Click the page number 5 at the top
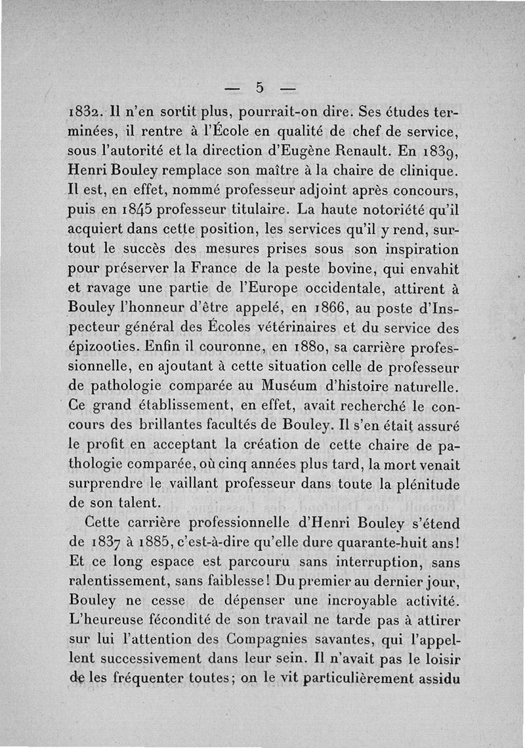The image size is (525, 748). (260, 87)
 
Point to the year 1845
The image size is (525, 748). (136, 212)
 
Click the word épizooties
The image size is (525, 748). (101, 346)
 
